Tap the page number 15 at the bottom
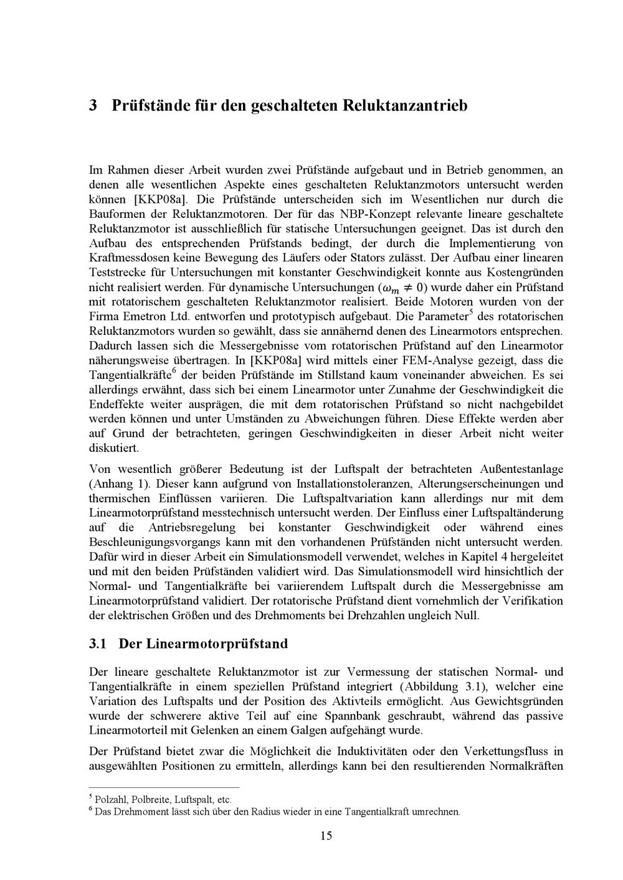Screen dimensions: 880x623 [x=326, y=835]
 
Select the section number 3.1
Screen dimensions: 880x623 [x=98, y=643]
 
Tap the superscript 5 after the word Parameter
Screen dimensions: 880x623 [x=471, y=312]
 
